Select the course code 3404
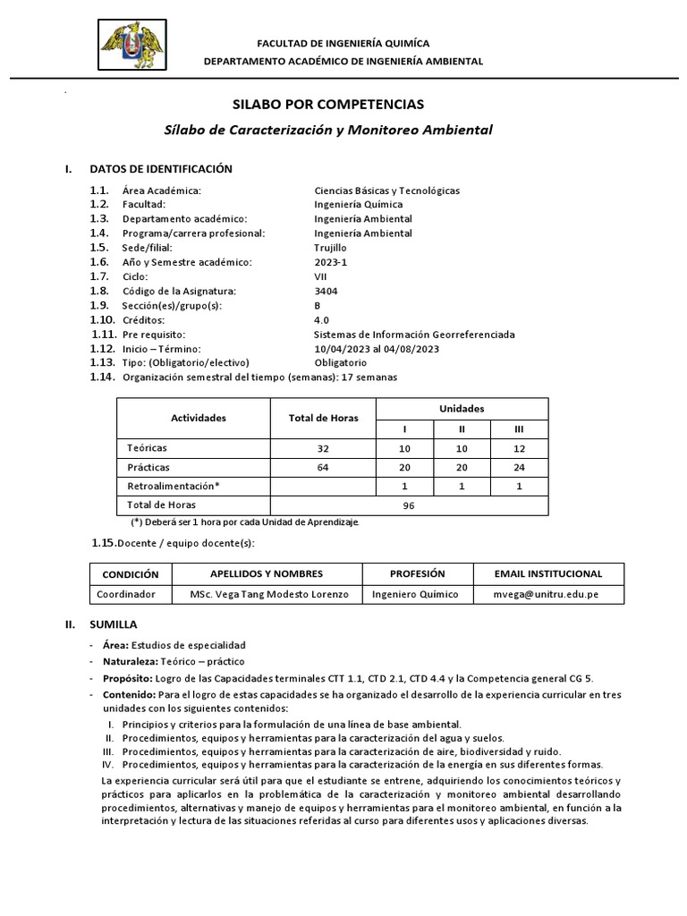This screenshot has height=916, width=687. [x=327, y=291]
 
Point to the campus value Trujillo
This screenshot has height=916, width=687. [x=331, y=248]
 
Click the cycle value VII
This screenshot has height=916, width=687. [x=322, y=276]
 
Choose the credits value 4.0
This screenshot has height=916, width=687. [x=322, y=319]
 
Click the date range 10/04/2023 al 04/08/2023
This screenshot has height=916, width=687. [x=377, y=348]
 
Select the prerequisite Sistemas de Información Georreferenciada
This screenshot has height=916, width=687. [x=414, y=334]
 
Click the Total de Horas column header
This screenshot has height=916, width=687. [x=323, y=418]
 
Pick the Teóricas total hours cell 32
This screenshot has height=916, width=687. [x=323, y=448]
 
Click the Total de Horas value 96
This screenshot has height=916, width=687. [x=411, y=505]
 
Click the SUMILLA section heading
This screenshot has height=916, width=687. [x=114, y=624]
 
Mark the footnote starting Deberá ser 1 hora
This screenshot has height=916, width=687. [x=245, y=522]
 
